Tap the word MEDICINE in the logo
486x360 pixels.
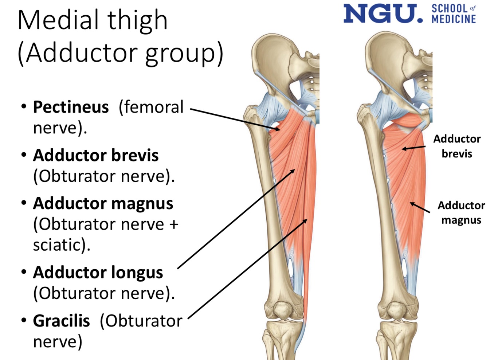pyautogui.click(x=454, y=19)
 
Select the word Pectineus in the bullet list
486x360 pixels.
pyautogui.click(x=71, y=107)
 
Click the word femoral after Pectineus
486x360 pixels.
pyautogui.click(x=151, y=107)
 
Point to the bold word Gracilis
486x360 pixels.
pyautogui.click(x=61, y=321)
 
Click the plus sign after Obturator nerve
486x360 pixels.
pyautogui.click(x=174, y=224)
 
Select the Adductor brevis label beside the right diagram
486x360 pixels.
pyautogui.click(x=457, y=146)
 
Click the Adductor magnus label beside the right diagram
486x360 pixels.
pyautogui.click(x=461, y=212)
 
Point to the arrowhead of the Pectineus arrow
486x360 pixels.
pyautogui.click(x=278, y=129)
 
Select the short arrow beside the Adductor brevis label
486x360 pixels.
pyautogui.click(x=414, y=148)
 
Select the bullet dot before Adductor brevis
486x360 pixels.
pyautogui.click(x=24, y=155)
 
